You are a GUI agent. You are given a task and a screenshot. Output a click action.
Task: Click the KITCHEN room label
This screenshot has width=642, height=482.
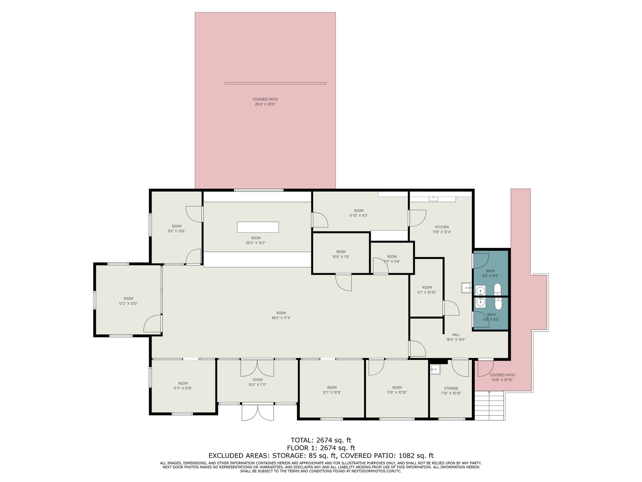click(442, 227)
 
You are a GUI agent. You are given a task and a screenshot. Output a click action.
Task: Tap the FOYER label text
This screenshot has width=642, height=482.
click(257, 380)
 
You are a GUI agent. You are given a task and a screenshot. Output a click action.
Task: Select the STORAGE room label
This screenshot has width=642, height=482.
click(451, 388)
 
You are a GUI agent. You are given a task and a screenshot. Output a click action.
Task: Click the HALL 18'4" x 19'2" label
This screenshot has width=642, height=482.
click(456, 337)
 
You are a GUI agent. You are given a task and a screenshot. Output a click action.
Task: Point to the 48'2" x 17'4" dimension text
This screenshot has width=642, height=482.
click(281, 318)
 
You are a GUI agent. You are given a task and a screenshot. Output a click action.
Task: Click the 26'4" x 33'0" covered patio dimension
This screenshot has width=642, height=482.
click(265, 104)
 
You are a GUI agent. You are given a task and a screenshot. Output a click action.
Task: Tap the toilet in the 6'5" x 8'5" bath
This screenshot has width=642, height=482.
click(498, 290)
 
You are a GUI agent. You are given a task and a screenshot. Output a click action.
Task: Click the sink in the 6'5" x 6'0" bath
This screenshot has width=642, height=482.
click(480, 302)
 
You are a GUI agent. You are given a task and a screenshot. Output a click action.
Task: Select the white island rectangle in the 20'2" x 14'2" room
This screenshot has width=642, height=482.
click(258, 227)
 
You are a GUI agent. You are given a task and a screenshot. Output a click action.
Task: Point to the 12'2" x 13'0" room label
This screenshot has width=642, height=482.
click(128, 301)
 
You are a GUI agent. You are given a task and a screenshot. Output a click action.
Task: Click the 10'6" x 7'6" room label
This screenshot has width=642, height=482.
click(341, 254)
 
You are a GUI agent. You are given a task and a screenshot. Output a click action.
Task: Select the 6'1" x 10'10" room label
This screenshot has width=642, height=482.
click(427, 290)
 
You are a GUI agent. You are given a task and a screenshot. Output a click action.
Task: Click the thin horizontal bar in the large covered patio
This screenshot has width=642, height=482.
click(275, 83)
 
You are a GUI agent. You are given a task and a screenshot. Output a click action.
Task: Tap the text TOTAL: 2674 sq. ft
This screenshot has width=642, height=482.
click(321, 440)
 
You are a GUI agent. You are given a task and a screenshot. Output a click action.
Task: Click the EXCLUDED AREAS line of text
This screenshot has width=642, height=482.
click(321, 455)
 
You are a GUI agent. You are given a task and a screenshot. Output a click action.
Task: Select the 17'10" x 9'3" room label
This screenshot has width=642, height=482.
click(358, 213)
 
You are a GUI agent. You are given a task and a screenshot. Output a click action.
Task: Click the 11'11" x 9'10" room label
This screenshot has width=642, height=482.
click(183, 386)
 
